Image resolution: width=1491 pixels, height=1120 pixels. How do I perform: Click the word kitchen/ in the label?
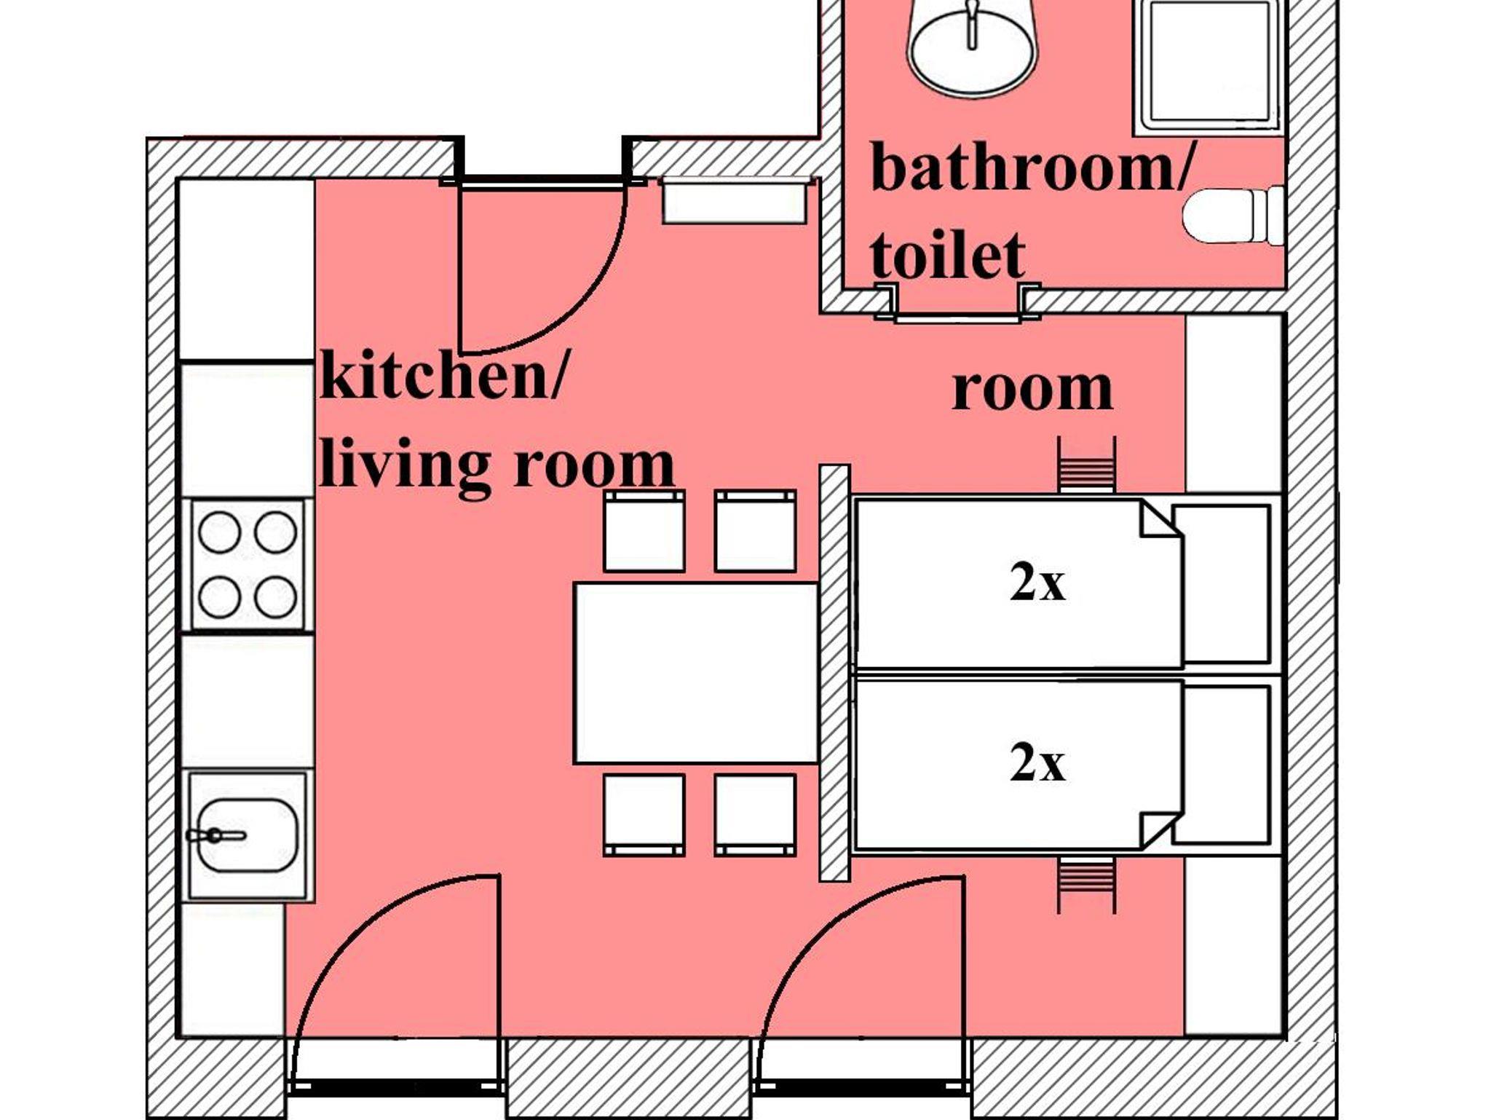coord(441,376)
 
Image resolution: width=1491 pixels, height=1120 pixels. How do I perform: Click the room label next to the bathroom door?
coord(1032,390)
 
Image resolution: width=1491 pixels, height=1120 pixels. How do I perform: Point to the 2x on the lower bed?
coord(1037,764)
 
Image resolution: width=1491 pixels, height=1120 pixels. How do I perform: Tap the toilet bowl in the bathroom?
coord(1233,216)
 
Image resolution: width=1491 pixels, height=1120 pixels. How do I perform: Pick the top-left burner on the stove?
coord(219,532)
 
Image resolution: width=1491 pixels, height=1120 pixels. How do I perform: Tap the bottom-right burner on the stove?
coord(275,597)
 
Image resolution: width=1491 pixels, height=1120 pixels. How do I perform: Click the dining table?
coord(697,672)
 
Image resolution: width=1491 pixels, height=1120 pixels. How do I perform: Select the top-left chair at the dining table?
coord(644,531)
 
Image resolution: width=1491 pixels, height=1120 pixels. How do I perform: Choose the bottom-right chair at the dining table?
coord(755,815)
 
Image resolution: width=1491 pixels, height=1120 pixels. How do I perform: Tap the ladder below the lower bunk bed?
coord(1086,885)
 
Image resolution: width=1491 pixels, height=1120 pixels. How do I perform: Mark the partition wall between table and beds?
coord(834,673)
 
